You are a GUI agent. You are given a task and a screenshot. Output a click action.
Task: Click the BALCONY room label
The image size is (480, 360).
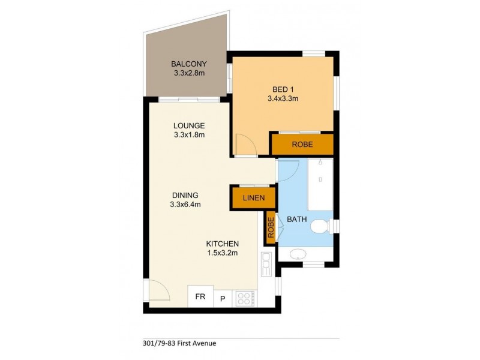coord(189,64)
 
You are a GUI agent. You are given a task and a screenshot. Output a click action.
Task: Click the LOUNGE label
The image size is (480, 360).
coord(189,126)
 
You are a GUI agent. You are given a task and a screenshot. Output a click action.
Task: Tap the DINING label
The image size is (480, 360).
coord(185,196)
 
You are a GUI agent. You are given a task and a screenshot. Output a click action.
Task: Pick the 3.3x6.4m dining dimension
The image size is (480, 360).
coord(185,205)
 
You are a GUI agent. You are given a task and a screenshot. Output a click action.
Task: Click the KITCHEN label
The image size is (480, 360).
coord(223,244)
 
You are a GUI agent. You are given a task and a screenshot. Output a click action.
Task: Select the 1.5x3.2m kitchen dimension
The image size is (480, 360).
coord(223,253)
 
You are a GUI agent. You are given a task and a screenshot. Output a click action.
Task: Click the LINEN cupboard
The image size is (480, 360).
coord(253,199)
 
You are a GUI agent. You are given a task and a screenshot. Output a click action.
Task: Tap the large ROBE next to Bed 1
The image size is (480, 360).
coord(302,144)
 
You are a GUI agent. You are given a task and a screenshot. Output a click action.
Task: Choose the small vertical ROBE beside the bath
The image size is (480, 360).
coord(270,228)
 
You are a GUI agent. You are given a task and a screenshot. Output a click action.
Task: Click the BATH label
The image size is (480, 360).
coord(296,220)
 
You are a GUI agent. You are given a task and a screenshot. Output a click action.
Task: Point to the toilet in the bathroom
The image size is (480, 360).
coord(320,226)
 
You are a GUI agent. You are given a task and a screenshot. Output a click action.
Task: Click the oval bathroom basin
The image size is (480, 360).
coord(297,255)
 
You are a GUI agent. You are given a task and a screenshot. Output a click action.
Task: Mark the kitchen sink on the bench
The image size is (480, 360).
coord(266,263)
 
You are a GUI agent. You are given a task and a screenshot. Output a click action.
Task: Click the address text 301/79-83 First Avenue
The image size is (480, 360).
coord(181,344)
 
